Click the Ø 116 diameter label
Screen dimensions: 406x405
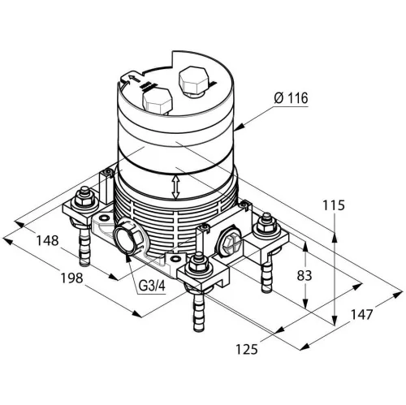tap(291, 98)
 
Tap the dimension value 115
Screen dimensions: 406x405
tap(334, 205)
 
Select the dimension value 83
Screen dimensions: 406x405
tap(304, 276)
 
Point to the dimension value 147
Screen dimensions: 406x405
tap(362, 315)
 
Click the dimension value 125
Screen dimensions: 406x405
tap(247, 349)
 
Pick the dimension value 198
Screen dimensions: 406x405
tap(71, 278)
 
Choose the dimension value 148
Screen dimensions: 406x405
tap(48, 240)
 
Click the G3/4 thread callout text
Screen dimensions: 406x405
tap(152, 286)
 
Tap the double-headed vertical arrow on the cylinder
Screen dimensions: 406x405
tap(176, 187)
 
